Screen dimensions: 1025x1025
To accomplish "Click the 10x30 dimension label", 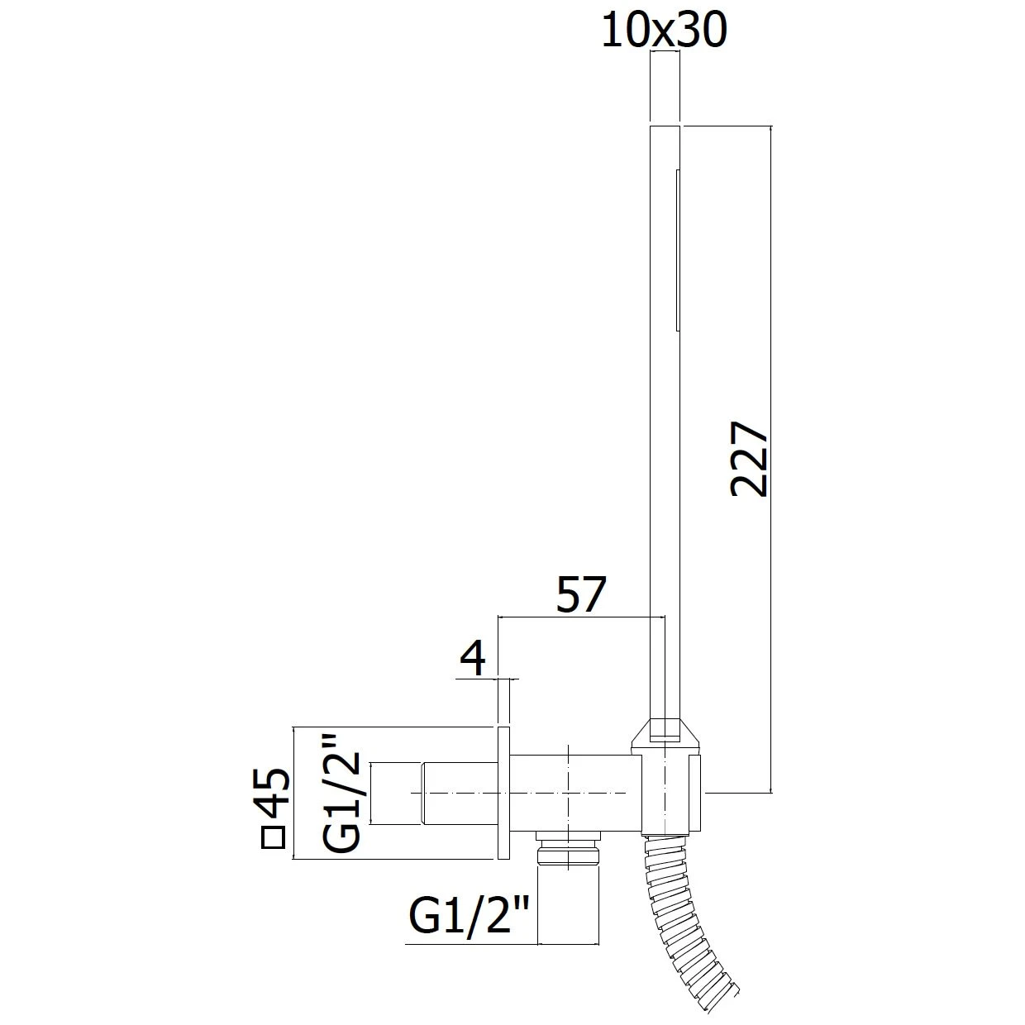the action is click(x=664, y=30).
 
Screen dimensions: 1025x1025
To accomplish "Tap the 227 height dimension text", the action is click(x=749, y=460).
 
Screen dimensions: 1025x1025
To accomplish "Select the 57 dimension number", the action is click(x=581, y=594).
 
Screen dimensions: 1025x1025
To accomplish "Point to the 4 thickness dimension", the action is click(x=473, y=658).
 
